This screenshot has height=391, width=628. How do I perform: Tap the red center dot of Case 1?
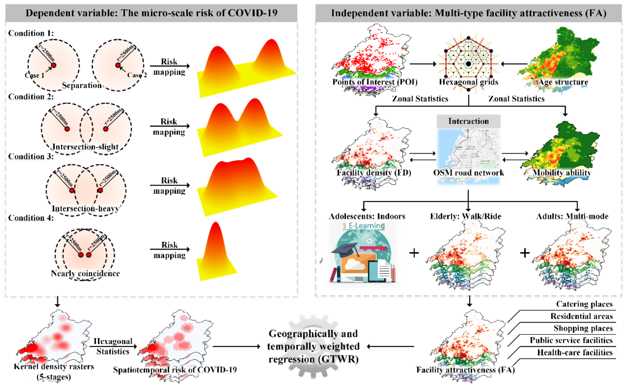pyautogui.click(x=54, y=65)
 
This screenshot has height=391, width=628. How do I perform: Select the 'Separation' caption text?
pyautogui.click(x=82, y=85)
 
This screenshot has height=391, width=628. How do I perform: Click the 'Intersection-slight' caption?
pyautogui.click(x=85, y=147)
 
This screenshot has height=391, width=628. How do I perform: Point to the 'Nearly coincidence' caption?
pyautogui.click(x=85, y=273)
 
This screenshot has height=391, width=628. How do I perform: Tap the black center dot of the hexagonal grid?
pyautogui.click(x=468, y=64)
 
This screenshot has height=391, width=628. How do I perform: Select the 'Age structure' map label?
pyautogui.click(x=563, y=82)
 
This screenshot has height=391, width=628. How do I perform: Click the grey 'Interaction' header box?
pyautogui.click(x=468, y=121)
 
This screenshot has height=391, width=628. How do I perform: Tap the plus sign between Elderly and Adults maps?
pyautogui.click(x=525, y=253)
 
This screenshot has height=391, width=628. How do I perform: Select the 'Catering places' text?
pyautogui.click(x=584, y=304)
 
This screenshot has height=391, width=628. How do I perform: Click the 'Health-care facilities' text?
pyautogui.click(x=575, y=352)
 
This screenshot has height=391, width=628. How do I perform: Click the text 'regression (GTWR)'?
pyautogui.click(x=313, y=359)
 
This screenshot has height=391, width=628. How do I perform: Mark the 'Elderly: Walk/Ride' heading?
pyautogui.click(x=465, y=216)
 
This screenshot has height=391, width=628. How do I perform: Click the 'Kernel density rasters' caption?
pyautogui.click(x=54, y=366)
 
